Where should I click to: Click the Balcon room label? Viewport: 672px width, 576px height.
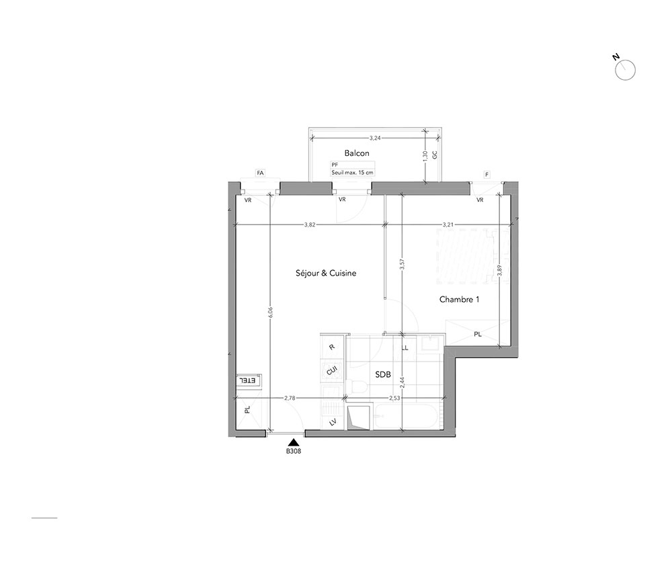(357, 153)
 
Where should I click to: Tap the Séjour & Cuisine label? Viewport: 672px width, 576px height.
(326, 273)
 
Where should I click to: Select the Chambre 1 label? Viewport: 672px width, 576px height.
(459, 300)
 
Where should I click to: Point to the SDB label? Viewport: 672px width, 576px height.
(383, 374)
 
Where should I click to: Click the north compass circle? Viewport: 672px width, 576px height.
(625, 70)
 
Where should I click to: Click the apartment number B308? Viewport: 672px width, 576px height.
(294, 451)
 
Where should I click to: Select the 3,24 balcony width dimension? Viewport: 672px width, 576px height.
(375, 138)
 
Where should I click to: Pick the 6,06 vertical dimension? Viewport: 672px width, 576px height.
(270, 313)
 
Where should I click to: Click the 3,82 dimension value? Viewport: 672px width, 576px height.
(310, 224)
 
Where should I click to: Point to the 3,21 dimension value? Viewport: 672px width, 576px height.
(448, 224)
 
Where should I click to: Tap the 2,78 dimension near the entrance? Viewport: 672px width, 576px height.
(290, 398)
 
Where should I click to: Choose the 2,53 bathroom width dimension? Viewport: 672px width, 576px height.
(394, 398)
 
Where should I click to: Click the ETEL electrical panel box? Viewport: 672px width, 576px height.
(249, 380)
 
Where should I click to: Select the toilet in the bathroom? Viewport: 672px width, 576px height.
(357, 387)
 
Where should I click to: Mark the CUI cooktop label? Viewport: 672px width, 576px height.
(332, 370)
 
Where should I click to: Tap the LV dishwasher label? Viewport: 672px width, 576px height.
(332, 423)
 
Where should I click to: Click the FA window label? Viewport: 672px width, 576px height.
(260, 173)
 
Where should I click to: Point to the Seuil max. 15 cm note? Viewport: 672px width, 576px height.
(352, 173)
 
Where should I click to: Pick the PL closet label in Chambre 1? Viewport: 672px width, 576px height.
(477, 334)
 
